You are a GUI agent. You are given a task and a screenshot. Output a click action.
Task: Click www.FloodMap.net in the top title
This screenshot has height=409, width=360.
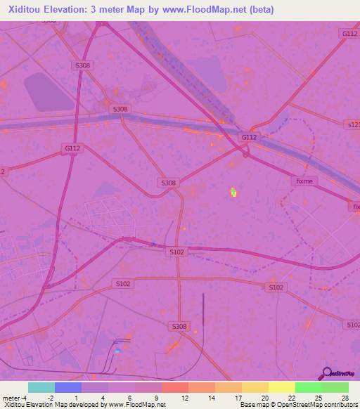click(x=206, y=9)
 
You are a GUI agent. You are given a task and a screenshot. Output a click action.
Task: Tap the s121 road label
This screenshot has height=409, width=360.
click(x=352, y=124)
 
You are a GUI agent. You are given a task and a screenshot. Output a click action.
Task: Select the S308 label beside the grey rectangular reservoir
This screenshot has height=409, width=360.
click(x=83, y=65)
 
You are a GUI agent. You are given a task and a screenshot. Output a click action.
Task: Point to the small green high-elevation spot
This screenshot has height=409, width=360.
click(x=233, y=190)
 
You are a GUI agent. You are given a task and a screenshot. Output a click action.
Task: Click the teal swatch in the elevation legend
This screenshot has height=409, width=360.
click(x=41, y=387)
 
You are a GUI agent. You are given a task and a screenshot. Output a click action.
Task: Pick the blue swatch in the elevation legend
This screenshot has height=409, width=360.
click(x=68, y=387)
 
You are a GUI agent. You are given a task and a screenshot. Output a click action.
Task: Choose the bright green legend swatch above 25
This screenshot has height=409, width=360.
click(x=308, y=387)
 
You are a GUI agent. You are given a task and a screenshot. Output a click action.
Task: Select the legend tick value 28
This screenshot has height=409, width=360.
click(x=345, y=398)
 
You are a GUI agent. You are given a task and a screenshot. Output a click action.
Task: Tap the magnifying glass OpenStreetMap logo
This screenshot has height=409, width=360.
click(x=326, y=373)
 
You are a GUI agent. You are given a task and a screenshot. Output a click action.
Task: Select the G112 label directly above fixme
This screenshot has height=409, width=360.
click(x=249, y=137)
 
